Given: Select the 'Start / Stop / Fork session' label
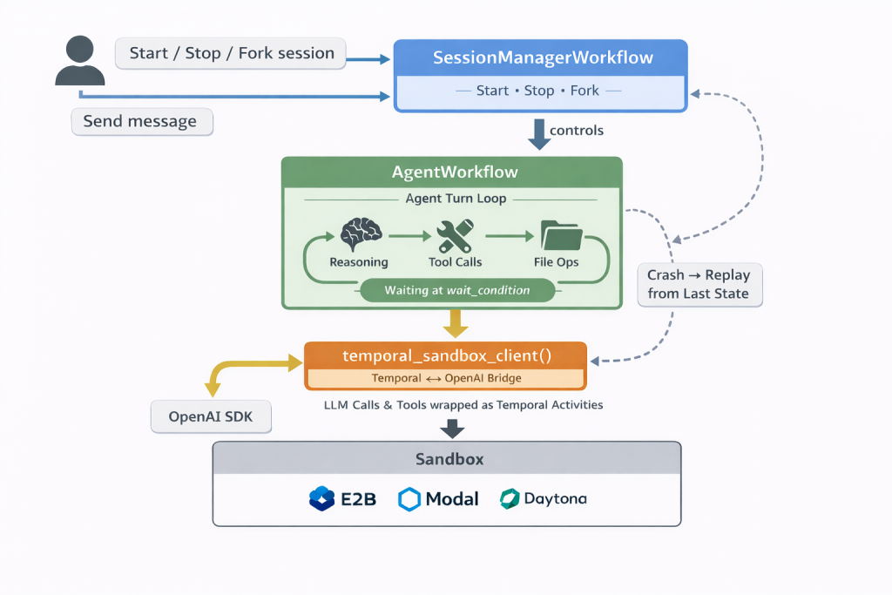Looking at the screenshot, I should coord(231,53).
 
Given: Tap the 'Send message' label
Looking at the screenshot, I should coord(141,121).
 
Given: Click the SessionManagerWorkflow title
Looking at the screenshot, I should coord(543,58).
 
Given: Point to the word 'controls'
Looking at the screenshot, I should coord(577,131).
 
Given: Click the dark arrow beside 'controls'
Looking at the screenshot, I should coord(540,133).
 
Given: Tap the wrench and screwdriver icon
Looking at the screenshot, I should coord(455,234).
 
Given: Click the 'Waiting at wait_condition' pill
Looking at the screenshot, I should coord(456,290).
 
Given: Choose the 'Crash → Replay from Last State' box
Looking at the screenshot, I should coord(699,284).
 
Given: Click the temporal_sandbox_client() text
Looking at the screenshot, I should coord(445,355).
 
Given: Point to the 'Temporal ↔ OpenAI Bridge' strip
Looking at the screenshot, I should coord(445,378).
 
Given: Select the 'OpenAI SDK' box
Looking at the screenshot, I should coord(210,417).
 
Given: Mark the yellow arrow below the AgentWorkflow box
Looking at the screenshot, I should coord(454,324).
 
